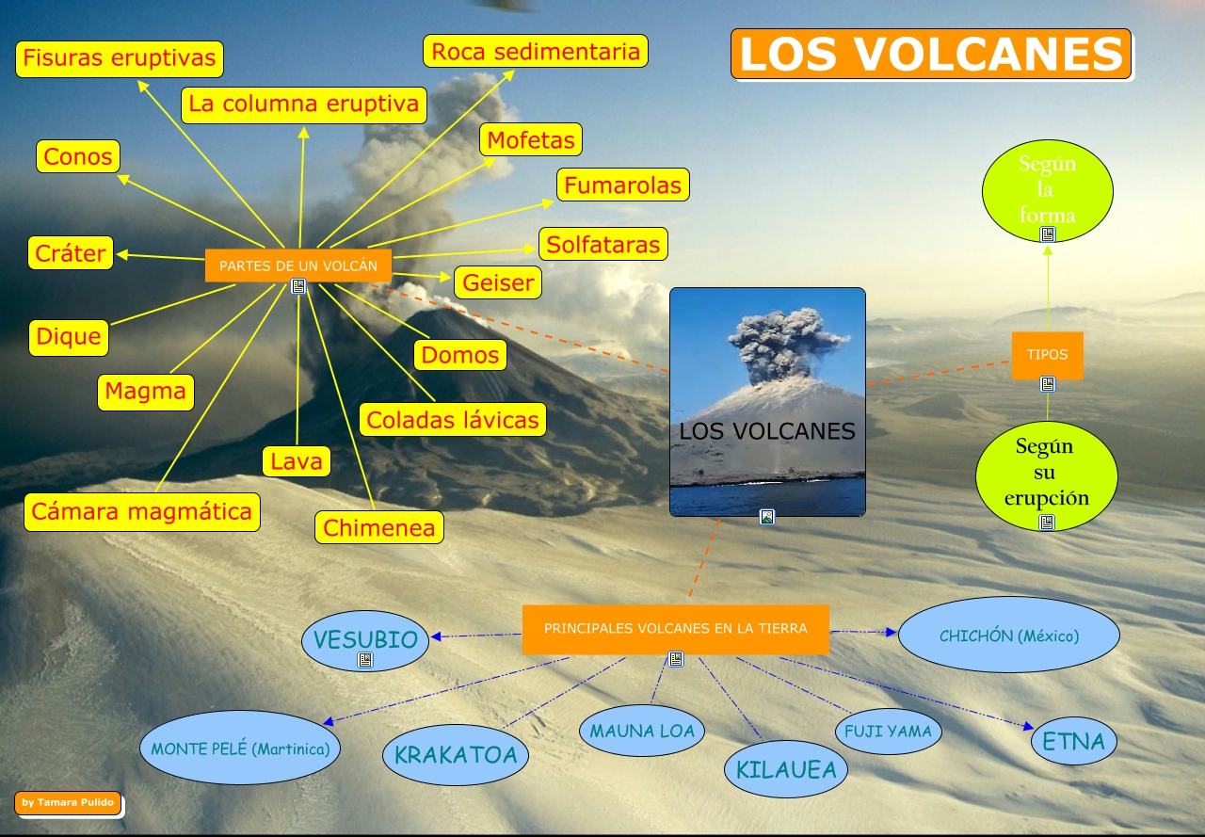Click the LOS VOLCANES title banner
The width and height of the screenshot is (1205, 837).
[931, 54]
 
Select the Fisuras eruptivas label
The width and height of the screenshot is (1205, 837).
[120, 58]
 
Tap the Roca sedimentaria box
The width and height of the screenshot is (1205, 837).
[536, 51]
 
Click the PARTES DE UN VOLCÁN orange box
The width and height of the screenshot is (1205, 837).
[298, 266]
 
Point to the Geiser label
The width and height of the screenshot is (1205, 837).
[498, 282]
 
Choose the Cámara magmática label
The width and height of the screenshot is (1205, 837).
[142, 511]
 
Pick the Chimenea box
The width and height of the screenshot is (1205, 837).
[379, 528]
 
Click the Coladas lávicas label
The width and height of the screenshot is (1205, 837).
[453, 420]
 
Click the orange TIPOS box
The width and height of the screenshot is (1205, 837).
[1047, 355]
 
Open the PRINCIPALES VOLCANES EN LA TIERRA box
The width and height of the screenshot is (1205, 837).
[675, 628]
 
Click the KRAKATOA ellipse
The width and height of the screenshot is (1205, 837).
[456, 754]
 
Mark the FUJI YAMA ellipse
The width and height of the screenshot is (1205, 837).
[888, 731]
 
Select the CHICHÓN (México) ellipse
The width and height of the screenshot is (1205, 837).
[1009, 636]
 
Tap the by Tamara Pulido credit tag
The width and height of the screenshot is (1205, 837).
[68, 803]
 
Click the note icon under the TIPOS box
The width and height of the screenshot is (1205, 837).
[1048, 384]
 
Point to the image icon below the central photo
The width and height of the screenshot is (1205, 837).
[767, 516]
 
